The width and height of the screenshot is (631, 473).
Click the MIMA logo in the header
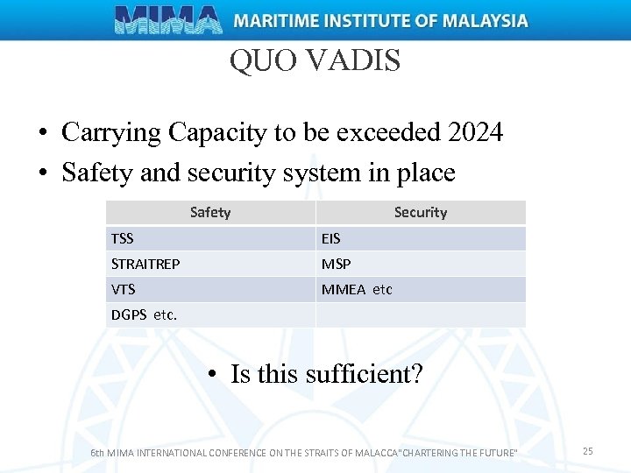[168, 19]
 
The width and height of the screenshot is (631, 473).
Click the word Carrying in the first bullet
[111, 133]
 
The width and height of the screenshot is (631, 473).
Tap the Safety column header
[210, 212]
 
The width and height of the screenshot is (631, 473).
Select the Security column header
[421, 212]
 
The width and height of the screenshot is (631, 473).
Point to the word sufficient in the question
[364, 374]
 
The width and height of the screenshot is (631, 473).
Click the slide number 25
[588, 450]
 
